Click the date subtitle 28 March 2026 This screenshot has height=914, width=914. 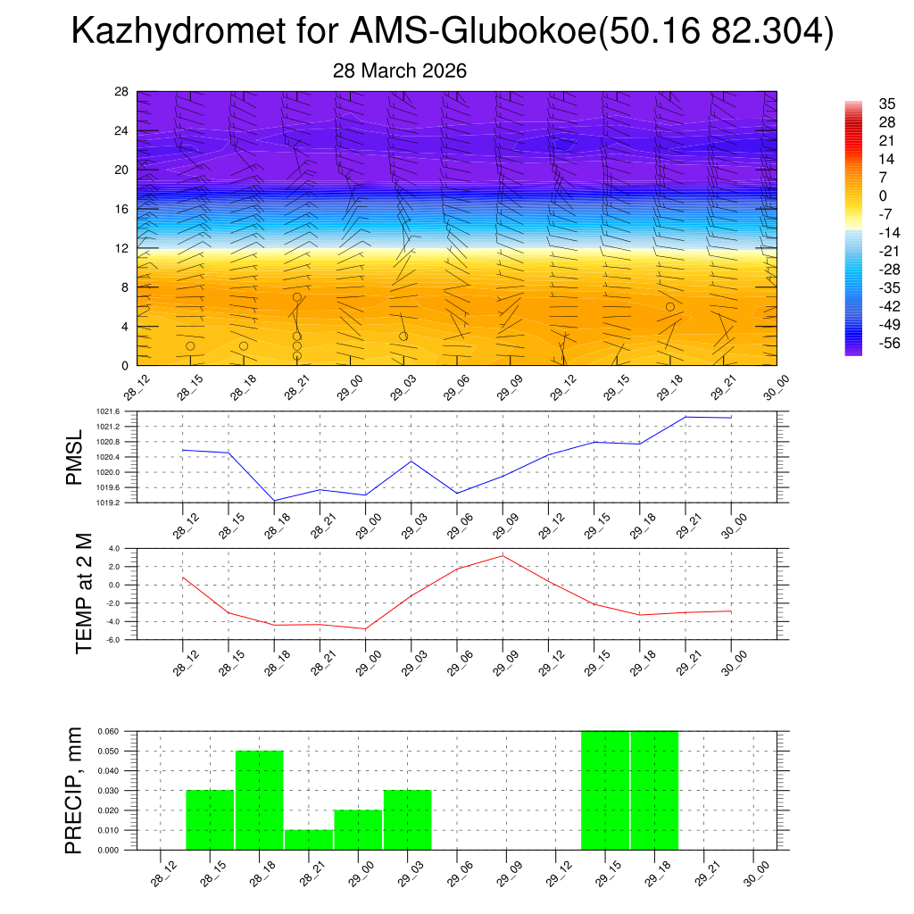pos(400,71)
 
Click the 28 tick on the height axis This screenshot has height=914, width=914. pos(122,92)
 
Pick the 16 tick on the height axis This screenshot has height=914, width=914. pos(122,209)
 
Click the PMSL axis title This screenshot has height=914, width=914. pos(75,457)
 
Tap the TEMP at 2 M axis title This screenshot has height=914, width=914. pos(84,594)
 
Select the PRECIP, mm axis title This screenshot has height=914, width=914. pos(75,790)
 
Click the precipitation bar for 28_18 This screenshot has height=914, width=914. pos(260,801)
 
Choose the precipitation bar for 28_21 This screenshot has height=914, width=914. pos(309,840)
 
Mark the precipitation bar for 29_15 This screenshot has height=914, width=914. pos(605,791)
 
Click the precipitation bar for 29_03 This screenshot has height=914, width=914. pos(408,820)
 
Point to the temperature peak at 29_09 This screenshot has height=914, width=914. pos(503,555)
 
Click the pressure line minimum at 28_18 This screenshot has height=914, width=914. pos(274,501)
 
